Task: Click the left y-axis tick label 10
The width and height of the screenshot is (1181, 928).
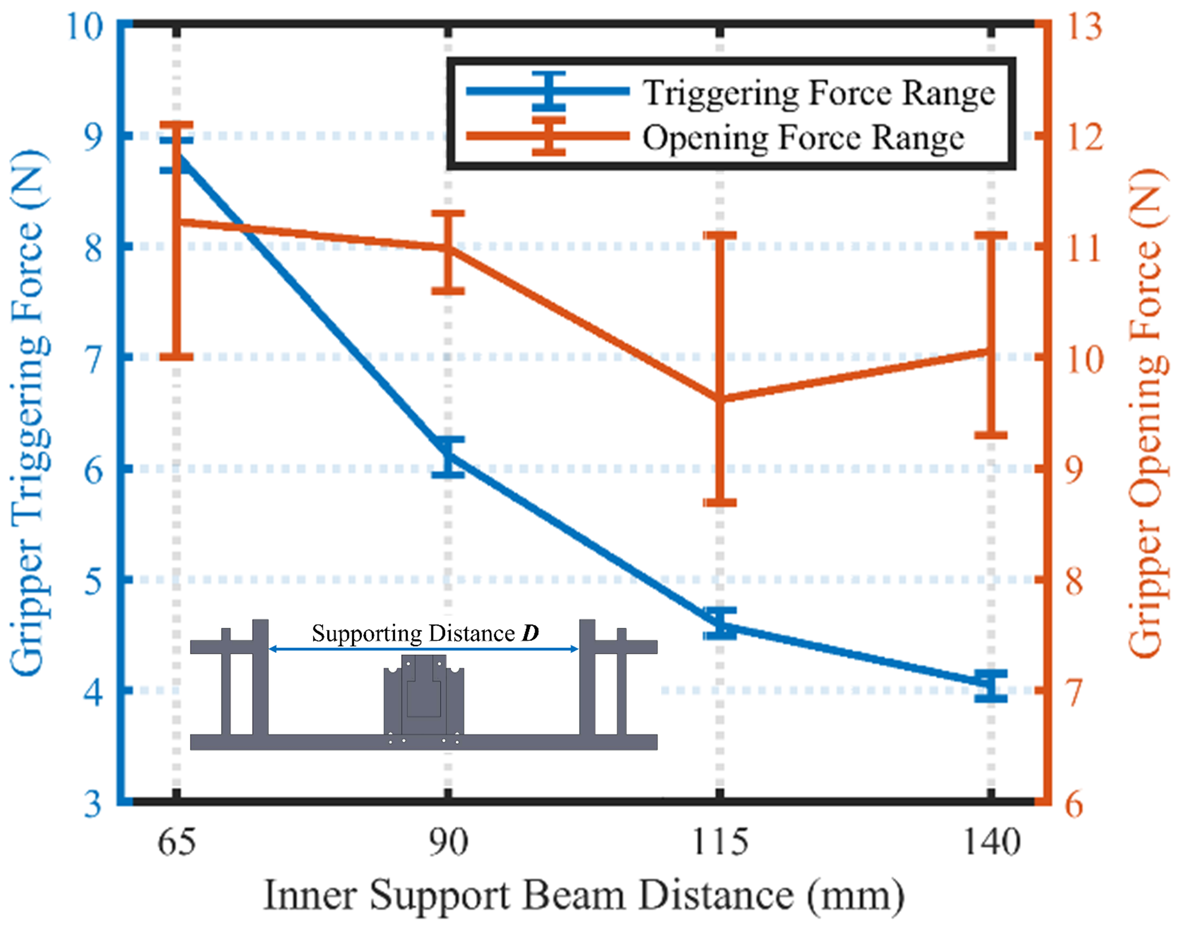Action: coord(85,26)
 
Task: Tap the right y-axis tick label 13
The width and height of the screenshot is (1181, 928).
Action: coord(1084,26)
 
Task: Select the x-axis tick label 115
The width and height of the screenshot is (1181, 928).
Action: coord(720,842)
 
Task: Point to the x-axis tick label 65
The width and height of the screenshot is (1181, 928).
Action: coord(176,842)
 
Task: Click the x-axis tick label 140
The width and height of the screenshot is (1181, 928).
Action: coord(992,842)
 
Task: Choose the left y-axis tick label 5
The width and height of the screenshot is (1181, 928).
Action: coord(94,580)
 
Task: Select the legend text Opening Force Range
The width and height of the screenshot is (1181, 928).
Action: coord(803,137)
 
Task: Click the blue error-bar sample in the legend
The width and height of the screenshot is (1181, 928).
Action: coord(549,91)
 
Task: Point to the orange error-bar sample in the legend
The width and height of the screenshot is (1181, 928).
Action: coord(549,136)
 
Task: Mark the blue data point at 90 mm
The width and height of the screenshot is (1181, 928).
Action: coord(448,455)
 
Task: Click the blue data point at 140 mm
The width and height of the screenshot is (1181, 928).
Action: coord(992,683)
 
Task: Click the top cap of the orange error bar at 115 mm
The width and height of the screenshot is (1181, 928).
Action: coord(720,235)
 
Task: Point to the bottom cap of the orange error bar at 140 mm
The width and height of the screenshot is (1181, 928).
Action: coord(992,435)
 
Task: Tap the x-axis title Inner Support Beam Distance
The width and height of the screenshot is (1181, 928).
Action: coord(584,895)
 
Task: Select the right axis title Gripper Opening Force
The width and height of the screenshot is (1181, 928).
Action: coord(1146,413)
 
